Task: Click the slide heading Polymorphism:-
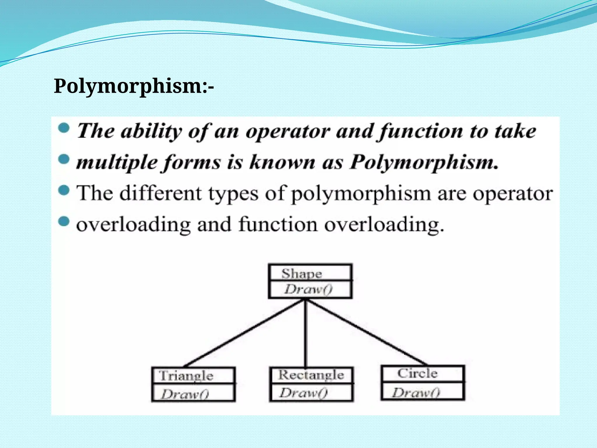(x=134, y=86)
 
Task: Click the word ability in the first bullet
(x=151, y=131)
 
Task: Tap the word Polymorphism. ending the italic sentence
(x=424, y=162)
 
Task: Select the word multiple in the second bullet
(x=117, y=162)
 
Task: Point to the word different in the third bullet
(x=160, y=194)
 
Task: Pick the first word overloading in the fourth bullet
(x=133, y=225)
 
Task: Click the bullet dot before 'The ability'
(x=64, y=128)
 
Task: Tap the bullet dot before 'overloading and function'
(x=64, y=221)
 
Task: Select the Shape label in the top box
(x=301, y=274)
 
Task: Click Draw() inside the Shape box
(x=308, y=289)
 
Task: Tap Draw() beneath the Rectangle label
(x=303, y=393)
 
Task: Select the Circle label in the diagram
(x=417, y=373)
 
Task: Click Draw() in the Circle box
(x=415, y=393)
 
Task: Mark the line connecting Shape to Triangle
(x=245, y=333)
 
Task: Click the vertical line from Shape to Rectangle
(x=305, y=332)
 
